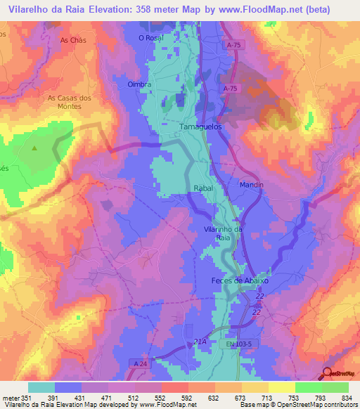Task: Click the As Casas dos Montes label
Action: point(70,102)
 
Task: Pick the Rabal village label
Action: point(202,189)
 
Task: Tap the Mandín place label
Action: point(251,185)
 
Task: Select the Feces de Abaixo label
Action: point(240,280)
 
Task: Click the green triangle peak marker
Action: point(34,148)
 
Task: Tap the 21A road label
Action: point(199,342)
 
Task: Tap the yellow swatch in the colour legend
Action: point(281,387)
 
